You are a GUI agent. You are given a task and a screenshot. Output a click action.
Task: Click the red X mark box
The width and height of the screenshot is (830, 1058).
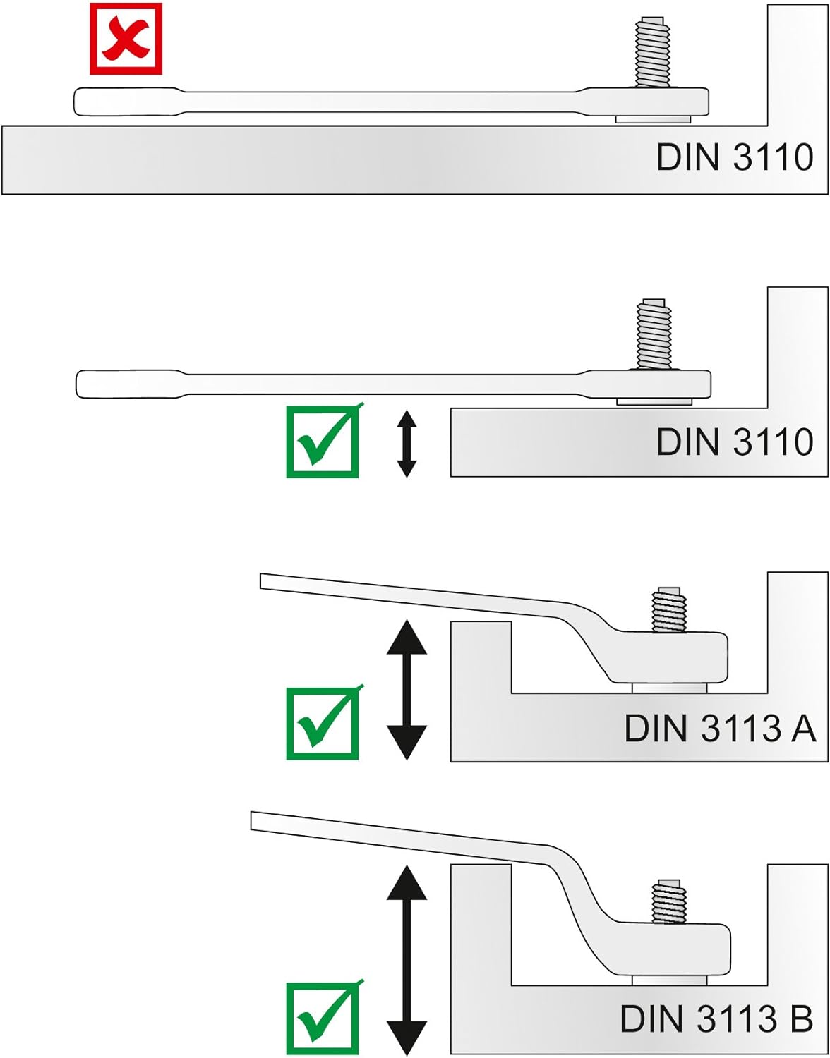126,39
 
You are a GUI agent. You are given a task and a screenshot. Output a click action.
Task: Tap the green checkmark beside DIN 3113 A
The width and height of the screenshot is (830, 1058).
323,724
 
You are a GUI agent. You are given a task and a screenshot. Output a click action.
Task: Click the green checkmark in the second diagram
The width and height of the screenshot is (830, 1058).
323,442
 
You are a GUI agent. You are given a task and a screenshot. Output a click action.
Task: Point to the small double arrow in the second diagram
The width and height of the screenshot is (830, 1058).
407,444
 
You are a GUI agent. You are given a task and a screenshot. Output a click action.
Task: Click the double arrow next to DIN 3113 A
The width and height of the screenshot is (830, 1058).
407,689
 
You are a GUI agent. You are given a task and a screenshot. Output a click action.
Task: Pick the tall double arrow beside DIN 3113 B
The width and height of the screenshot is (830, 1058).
407,960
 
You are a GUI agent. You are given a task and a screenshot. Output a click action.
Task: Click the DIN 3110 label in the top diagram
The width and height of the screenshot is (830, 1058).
734,157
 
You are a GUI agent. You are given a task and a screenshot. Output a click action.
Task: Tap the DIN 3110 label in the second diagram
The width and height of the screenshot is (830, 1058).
734,442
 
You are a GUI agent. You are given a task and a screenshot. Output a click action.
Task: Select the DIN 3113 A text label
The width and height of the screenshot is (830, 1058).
720,729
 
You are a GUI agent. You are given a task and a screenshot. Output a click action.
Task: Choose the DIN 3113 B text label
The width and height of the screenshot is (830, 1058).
716,1019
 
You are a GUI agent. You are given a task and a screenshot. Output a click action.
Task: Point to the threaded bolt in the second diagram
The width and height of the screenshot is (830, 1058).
654,333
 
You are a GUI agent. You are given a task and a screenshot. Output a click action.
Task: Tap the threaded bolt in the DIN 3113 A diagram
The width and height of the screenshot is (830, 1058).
669,609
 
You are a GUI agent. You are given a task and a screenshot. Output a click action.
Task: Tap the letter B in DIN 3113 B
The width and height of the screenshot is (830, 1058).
800,1019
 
